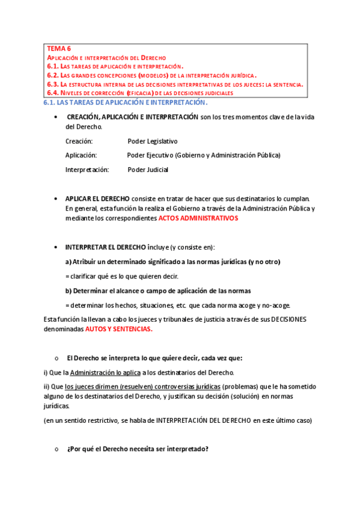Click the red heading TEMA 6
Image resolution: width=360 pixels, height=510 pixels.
pos(59,48)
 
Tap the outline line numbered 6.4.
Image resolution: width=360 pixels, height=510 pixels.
pos(139,93)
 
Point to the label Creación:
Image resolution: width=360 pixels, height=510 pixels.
pos(79,141)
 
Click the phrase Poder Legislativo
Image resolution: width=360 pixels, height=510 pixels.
pos(153,141)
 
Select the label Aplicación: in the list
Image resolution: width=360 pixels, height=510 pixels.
pos(82,155)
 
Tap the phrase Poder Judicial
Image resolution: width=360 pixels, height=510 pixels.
pos(148,170)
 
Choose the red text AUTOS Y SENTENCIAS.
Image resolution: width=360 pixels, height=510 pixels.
pos(119,329)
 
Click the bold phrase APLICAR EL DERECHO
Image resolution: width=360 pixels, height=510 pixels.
pos(101,198)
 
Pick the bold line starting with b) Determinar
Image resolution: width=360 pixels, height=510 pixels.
pos(158,290)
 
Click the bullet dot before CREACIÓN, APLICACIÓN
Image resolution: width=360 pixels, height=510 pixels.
pos(55,117)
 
